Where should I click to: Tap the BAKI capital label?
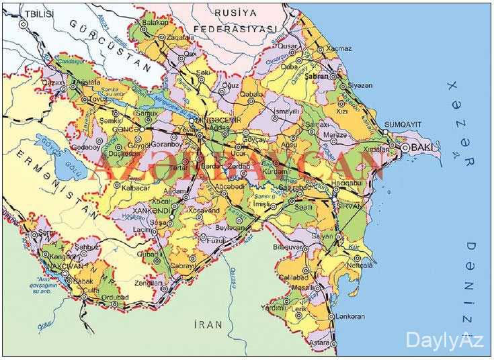422,146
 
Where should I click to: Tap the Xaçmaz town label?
338,49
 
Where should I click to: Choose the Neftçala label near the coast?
360,265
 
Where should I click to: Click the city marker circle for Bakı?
404,148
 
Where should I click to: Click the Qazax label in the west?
53,81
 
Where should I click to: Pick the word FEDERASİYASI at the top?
235,29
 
